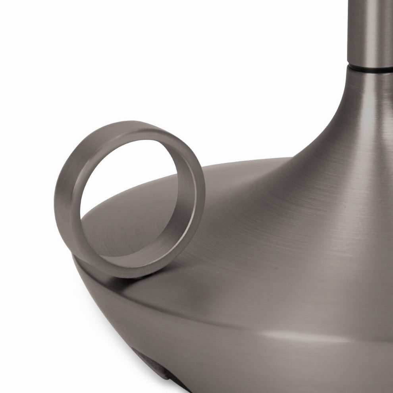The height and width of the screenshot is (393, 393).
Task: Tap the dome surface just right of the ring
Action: (x=230, y=222)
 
